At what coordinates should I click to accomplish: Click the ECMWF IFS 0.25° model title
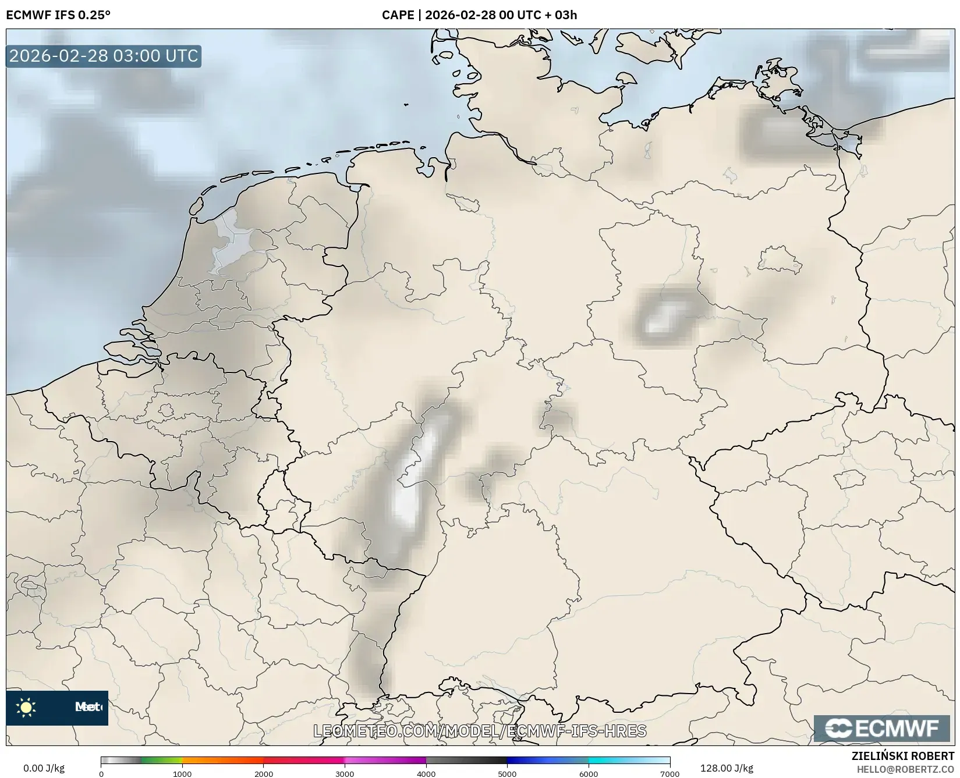[58, 15]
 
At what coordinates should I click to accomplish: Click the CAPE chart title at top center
[479, 15]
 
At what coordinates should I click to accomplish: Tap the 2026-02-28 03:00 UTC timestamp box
[104, 56]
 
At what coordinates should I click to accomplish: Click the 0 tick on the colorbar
[101, 773]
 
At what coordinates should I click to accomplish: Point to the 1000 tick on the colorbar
[182, 773]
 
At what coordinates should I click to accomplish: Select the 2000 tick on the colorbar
[264, 773]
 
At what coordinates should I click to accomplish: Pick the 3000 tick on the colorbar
[345, 773]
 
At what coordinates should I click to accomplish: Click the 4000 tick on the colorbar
[426, 773]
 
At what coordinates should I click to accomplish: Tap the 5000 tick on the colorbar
[507, 773]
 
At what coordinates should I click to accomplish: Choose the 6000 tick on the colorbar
[589, 773]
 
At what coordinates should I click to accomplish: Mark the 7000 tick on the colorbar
[669, 773]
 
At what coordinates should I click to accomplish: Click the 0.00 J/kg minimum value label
[44, 768]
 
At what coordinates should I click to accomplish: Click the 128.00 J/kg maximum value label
[727, 768]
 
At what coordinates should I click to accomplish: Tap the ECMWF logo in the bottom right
[881, 729]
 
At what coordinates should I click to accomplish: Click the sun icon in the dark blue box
[26, 708]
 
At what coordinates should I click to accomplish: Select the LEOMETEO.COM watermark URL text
[480, 731]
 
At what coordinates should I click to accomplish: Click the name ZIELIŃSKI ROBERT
[902, 756]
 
